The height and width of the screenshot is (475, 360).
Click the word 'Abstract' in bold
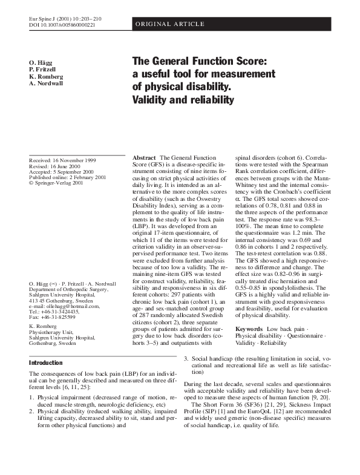tap(145, 157)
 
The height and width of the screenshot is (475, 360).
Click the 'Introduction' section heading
tap(46, 363)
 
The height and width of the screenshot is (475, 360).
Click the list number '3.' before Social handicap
tap(186, 359)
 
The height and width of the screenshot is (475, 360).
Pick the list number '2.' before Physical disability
tap(31, 410)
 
